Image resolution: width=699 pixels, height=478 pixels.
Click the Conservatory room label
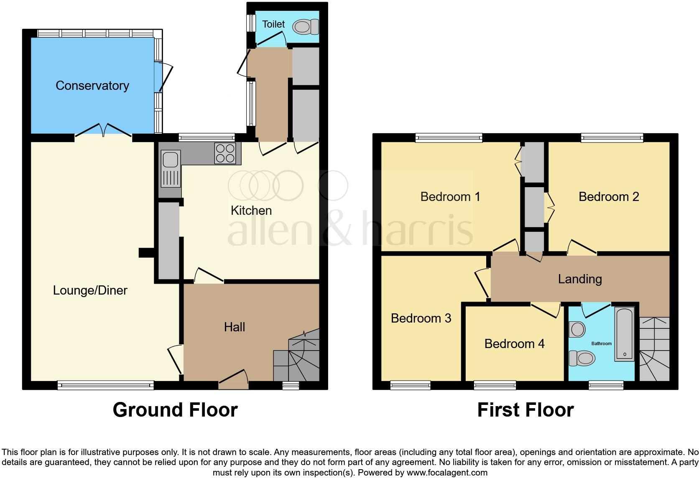[92, 86]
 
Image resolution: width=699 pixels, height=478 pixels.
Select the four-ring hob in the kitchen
[225, 153]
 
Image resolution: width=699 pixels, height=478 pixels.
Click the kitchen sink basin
[170, 160]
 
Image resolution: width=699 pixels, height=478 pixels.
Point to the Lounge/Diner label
[90, 290]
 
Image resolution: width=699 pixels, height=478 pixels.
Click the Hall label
[234, 327]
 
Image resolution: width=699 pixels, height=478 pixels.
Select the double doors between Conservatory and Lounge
[103, 130]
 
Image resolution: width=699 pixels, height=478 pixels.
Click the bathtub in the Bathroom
[624, 334]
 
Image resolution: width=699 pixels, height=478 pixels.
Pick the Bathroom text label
[601, 343]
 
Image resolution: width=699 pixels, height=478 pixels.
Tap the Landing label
[579, 279]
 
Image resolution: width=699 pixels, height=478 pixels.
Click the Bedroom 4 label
[514, 344]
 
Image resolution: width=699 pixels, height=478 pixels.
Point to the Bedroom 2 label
[609, 197]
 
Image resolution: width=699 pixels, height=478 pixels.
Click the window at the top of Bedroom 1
[449, 137]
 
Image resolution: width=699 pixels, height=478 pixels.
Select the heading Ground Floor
[175, 410]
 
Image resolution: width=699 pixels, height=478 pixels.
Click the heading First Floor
[525, 410]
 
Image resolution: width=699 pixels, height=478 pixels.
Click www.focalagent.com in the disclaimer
[447, 473]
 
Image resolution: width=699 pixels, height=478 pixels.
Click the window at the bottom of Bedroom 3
[410, 385]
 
